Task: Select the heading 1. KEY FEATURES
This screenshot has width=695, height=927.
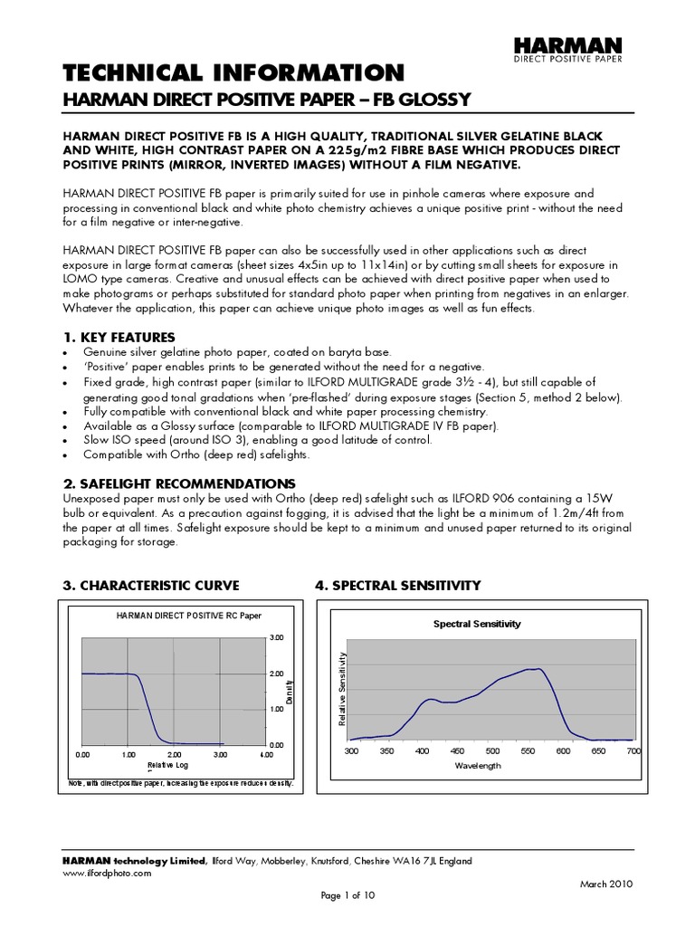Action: click(119, 338)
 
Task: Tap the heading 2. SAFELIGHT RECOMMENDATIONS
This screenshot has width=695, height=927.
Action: click(178, 483)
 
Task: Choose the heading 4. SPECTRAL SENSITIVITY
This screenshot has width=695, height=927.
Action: click(397, 586)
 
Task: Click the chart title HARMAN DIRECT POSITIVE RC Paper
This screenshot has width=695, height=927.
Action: click(188, 616)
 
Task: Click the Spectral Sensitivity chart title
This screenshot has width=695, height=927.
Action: click(477, 624)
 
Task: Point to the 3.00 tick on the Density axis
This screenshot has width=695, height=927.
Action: click(277, 638)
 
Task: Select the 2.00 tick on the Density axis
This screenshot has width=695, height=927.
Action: click(277, 674)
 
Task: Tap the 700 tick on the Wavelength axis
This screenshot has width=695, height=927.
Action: click(633, 751)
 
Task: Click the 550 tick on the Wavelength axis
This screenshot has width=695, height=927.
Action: click(528, 751)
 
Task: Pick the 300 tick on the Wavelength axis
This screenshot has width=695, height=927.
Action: click(351, 751)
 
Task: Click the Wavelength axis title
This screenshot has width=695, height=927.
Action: click(478, 766)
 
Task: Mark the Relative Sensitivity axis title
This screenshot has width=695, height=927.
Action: click(343, 689)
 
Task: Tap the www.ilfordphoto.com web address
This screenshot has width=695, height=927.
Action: click(107, 874)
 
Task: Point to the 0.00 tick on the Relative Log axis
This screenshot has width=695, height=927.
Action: click(82, 754)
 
